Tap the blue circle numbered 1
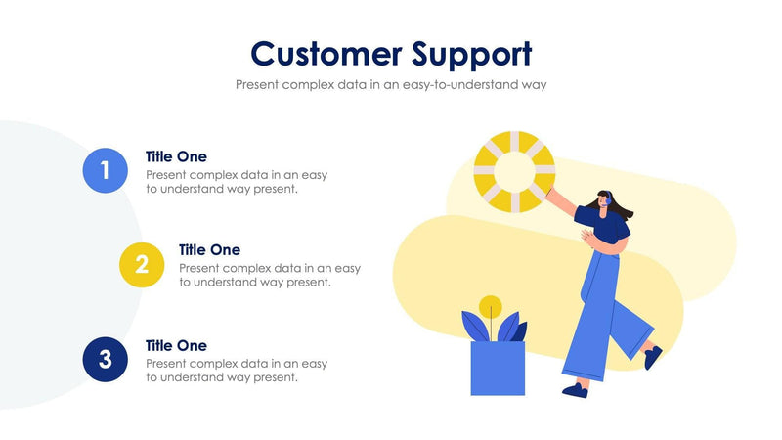(106, 170)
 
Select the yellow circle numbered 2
(142, 264)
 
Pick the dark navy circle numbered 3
(106, 359)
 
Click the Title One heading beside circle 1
(176, 156)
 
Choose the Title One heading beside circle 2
(209, 250)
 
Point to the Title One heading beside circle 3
(176, 345)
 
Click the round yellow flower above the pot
(491, 305)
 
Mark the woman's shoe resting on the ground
(576, 390)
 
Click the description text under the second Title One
(269, 275)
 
